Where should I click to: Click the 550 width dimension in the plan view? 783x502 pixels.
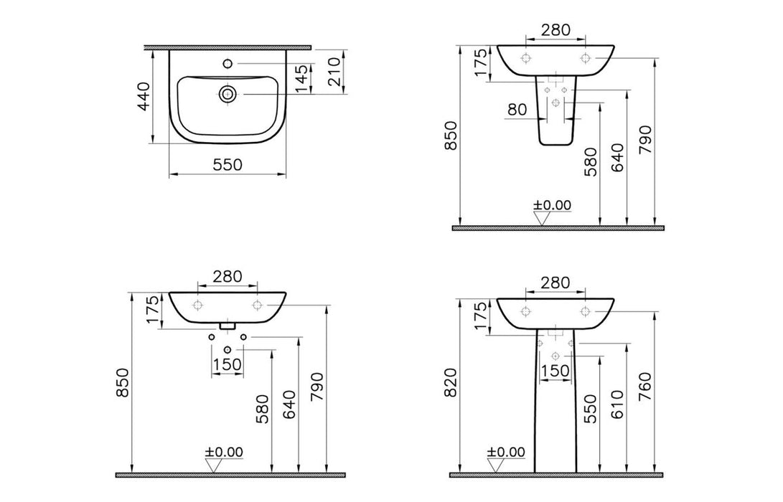click(x=227, y=164)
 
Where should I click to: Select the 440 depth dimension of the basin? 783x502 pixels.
click(x=144, y=96)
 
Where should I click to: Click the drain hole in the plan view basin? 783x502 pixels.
click(x=228, y=93)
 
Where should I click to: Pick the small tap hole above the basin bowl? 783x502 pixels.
click(x=228, y=64)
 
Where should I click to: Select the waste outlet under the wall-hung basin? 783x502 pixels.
click(x=228, y=326)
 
